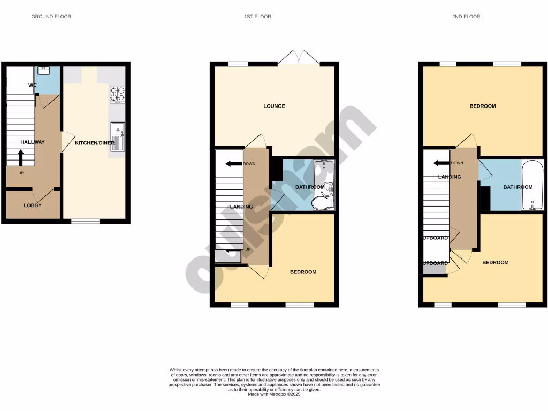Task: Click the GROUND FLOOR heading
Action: (x=51, y=17)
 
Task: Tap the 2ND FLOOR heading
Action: (x=466, y=17)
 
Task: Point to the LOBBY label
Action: (x=33, y=205)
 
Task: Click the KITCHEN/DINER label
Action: (x=94, y=143)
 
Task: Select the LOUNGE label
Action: (x=274, y=106)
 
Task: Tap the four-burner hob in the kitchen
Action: (x=117, y=94)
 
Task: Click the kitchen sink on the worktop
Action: (x=117, y=137)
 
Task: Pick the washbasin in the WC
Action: (x=43, y=70)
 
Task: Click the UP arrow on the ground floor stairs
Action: (x=21, y=158)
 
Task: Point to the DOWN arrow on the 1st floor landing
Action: (x=233, y=164)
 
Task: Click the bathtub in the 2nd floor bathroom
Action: (x=532, y=185)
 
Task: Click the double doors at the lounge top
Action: (x=299, y=58)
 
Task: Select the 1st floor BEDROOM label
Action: (x=303, y=272)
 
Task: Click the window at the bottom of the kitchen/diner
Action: (x=86, y=221)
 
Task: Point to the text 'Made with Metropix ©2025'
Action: (x=274, y=395)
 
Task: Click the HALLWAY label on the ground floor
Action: (x=33, y=142)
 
